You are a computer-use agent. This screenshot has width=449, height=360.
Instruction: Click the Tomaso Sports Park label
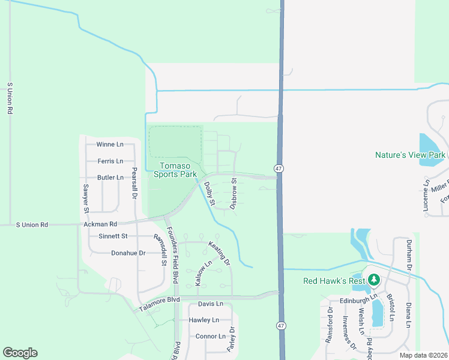(x=175, y=170)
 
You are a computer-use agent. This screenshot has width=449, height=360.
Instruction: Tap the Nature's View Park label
(x=410, y=155)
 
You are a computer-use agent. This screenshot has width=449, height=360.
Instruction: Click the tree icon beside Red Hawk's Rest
(x=374, y=280)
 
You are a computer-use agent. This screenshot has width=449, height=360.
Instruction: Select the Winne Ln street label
(x=110, y=145)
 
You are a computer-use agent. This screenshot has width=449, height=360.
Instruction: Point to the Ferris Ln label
(x=110, y=161)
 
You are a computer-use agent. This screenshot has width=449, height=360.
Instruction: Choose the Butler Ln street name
(x=110, y=178)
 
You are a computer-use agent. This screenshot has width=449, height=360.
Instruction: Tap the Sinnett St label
(x=113, y=236)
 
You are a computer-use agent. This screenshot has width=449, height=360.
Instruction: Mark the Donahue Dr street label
(x=128, y=253)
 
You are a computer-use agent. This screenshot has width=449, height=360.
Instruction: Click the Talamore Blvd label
(x=159, y=304)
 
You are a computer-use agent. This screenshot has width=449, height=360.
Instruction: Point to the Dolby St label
(x=209, y=194)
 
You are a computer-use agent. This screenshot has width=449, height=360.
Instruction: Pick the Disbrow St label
(x=234, y=189)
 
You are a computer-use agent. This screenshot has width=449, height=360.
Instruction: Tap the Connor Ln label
(x=210, y=336)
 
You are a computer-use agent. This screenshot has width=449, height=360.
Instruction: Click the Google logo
(x=20, y=353)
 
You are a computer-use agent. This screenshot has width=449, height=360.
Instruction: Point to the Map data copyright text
(x=423, y=355)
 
